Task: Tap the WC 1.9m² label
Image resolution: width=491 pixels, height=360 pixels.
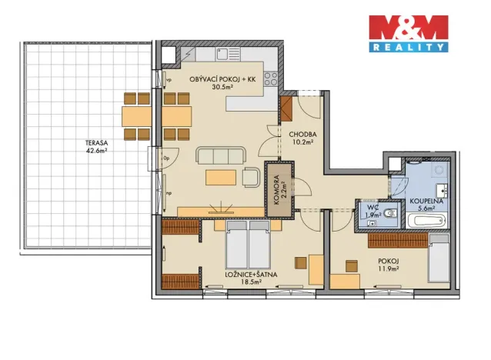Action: (373, 212)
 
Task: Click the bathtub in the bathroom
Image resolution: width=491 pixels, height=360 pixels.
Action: (427, 221)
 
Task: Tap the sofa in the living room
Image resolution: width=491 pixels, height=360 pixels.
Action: (222, 156)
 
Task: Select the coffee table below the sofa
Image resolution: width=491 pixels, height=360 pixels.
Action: (221, 178)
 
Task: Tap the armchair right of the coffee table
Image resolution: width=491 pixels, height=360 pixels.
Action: (251, 178)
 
